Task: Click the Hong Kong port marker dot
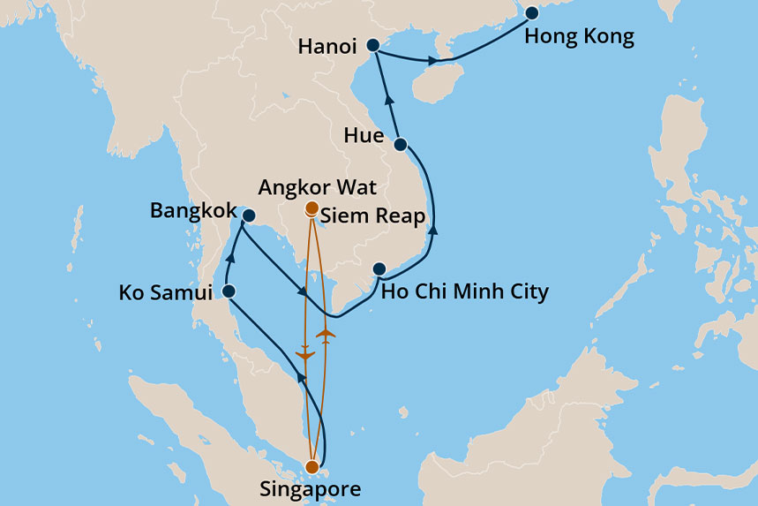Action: click(532, 13)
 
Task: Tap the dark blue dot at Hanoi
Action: click(372, 46)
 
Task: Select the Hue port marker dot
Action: click(400, 144)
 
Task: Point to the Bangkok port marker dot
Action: click(249, 215)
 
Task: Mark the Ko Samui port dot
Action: click(229, 291)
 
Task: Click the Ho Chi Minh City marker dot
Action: click(379, 269)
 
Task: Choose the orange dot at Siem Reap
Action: click(311, 210)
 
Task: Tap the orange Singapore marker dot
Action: click(311, 466)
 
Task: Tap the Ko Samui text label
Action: click(166, 292)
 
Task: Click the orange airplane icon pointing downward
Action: click(305, 354)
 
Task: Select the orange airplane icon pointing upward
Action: click(326, 334)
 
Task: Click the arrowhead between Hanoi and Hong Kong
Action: click(432, 62)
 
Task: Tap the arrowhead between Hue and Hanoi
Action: click(389, 100)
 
